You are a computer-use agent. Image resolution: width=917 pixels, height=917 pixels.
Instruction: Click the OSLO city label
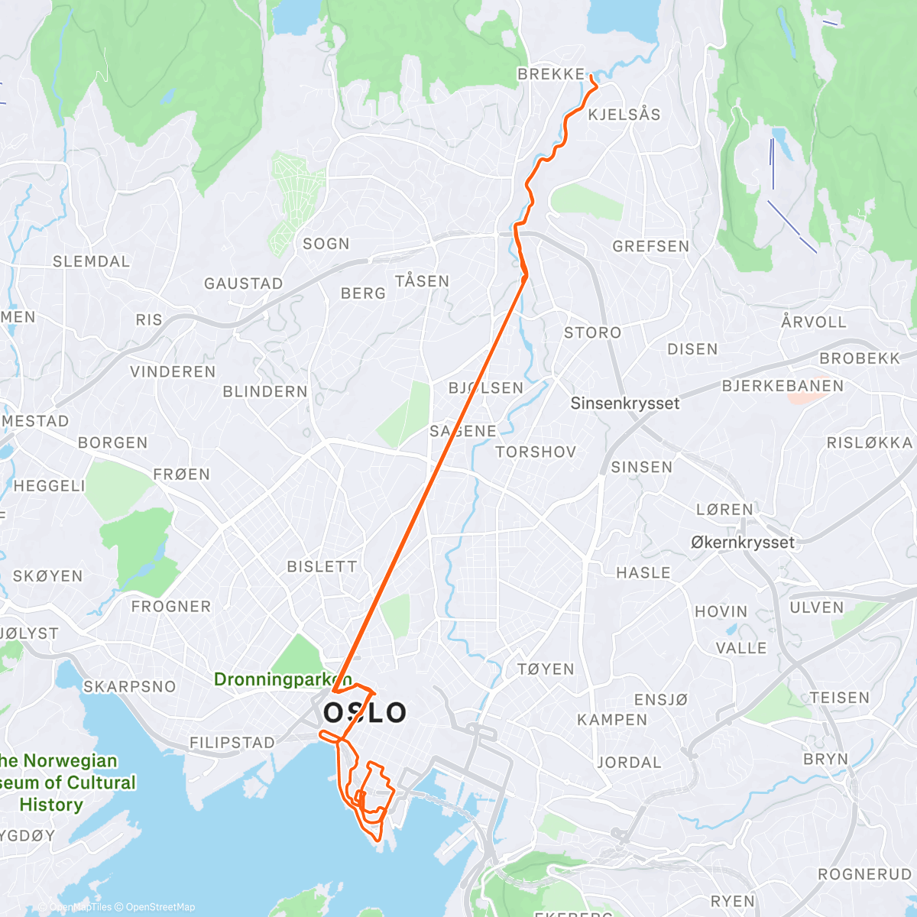pyautogui.click(x=365, y=712)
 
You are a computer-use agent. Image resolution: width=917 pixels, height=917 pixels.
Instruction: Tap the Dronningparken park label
pyautogui.click(x=283, y=679)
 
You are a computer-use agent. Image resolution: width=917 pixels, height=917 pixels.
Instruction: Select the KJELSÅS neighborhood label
pyautogui.click(x=624, y=115)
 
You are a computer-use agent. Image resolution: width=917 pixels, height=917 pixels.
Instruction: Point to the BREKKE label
pyautogui.click(x=551, y=74)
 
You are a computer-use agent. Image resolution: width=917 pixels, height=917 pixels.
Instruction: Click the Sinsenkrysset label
pyautogui.click(x=624, y=403)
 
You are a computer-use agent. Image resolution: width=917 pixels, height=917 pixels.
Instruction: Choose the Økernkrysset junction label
pyautogui.click(x=743, y=543)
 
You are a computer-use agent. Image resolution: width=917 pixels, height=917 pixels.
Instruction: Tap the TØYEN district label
pyautogui.click(x=546, y=669)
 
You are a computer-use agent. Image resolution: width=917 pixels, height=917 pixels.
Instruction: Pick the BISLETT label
pyautogui.click(x=322, y=566)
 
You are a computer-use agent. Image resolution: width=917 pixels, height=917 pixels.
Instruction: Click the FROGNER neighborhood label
pyautogui.click(x=171, y=607)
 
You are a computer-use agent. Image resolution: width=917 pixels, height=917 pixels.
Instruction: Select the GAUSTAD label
pyautogui.click(x=243, y=284)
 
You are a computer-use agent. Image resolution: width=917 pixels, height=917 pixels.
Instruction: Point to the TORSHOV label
pyautogui.click(x=536, y=452)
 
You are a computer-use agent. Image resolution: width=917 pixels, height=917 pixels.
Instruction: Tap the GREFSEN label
pyautogui.click(x=651, y=246)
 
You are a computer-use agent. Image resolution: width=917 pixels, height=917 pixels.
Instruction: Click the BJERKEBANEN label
pyautogui.click(x=783, y=386)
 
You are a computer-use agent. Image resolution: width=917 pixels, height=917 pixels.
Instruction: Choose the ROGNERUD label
pyautogui.click(x=864, y=874)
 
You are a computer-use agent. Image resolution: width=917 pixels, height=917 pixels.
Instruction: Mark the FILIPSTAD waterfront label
pyautogui.click(x=232, y=743)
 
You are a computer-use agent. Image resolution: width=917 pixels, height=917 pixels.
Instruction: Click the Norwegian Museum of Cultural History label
pyautogui.click(x=69, y=783)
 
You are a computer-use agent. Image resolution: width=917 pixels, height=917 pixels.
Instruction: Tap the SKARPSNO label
pyautogui.click(x=129, y=686)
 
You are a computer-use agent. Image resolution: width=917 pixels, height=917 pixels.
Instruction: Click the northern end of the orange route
pyautogui.click(x=591, y=76)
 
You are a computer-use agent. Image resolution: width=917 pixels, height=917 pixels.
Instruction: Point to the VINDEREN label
pyautogui.click(x=173, y=371)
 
